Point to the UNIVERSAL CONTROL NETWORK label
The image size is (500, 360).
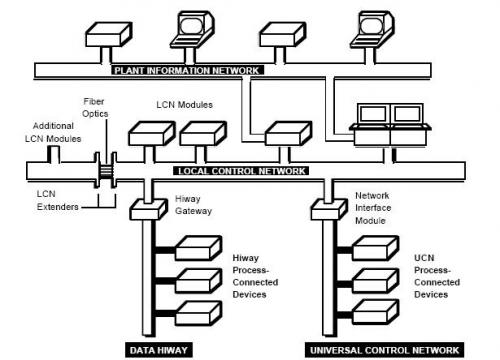tap(384, 349)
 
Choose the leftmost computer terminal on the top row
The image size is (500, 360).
tap(190, 28)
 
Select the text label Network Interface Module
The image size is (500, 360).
tap(377, 208)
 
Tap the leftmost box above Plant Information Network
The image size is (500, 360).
tap(106, 39)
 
